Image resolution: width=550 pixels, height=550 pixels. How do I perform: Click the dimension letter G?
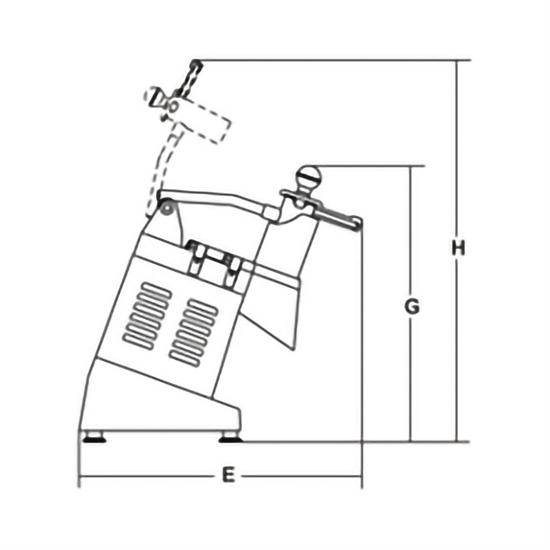click(412, 307)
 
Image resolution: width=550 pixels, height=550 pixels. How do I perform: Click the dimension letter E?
click(228, 476)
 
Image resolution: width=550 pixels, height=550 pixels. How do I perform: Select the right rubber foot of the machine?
click(230, 438)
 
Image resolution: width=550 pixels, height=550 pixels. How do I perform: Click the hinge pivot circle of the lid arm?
click(167, 209)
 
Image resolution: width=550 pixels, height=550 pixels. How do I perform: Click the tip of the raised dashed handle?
click(196, 64)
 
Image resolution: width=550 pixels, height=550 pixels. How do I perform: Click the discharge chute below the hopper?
click(271, 319)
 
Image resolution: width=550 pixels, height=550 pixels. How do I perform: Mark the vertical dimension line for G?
click(411, 367)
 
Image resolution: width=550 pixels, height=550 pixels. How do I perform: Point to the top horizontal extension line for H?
click(330, 60)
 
